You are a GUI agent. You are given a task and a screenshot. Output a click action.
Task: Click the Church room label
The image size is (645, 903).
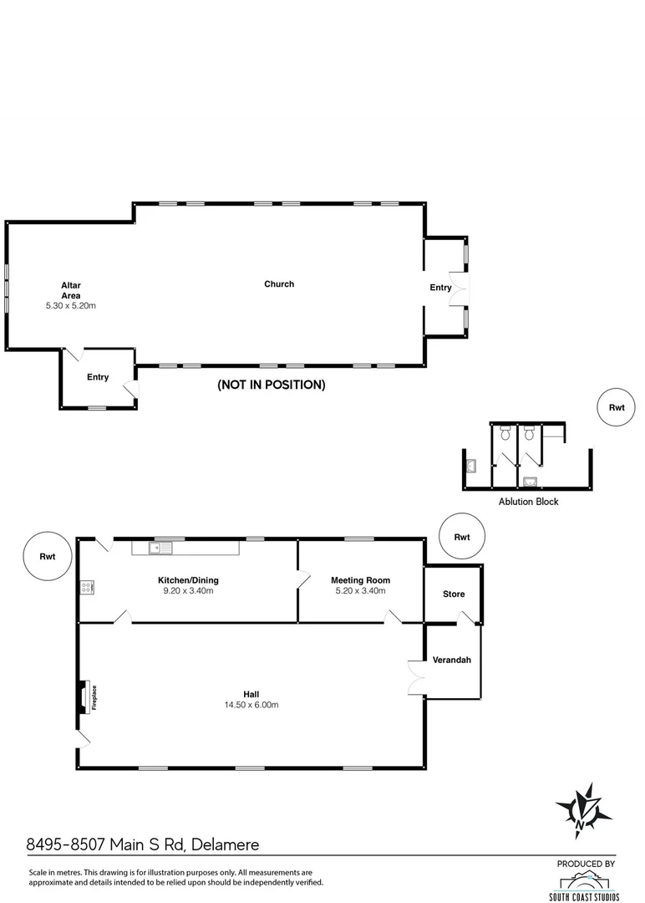[x=279, y=284]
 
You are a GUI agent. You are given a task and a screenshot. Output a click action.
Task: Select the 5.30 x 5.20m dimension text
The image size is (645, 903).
[x=71, y=306]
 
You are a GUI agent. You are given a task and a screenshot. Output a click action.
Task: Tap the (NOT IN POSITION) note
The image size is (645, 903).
[x=271, y=385]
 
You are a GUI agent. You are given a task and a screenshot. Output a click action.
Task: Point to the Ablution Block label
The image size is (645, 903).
[x=528, y=502]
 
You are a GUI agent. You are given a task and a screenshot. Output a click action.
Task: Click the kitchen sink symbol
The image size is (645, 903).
[x=160, y=548]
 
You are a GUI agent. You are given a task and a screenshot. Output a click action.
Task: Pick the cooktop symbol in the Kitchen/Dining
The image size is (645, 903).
[x=85, y=588]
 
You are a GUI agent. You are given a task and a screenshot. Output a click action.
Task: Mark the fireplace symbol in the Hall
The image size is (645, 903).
[x=84, y=697]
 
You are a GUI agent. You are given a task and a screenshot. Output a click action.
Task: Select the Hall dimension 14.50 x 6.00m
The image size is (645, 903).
[x=250, y=705]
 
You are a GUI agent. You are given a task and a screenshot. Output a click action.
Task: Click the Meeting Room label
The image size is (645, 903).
[x=360, y=580]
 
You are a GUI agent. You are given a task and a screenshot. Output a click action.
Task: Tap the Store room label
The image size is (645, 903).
[x=453, y=594]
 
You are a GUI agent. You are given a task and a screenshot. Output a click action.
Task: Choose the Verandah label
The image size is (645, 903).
[x=452, y=660]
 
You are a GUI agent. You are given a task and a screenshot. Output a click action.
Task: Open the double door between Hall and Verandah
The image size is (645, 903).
[x=415, y=676]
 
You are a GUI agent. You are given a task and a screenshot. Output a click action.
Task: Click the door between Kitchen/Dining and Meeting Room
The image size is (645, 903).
[x=303, y=579]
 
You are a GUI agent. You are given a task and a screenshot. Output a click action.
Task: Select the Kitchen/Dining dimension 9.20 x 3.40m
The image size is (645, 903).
[x=188, y=591]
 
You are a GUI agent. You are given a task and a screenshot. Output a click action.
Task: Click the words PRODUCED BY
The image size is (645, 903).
[x=587, y=864]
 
